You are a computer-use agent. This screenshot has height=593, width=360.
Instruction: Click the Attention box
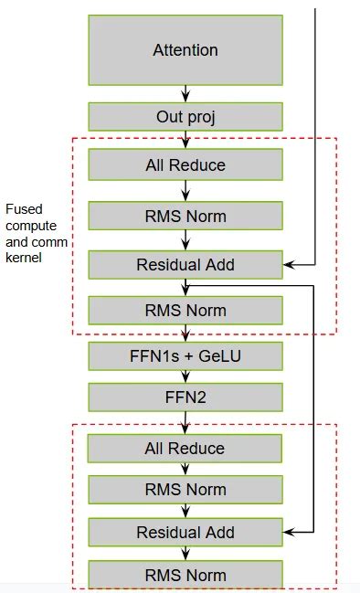click(x=185, y=49)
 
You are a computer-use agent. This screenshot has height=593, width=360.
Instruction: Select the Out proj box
click(x=185, y=116)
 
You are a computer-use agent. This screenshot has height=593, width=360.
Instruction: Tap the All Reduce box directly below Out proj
click(x=185, y=165)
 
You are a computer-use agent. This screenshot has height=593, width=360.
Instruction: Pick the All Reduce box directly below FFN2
click(x=185, y=449)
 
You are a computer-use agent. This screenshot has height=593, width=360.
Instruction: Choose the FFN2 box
click(x=185, y=396)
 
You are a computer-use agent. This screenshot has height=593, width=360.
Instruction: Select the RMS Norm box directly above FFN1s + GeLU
click(x=185, y=310)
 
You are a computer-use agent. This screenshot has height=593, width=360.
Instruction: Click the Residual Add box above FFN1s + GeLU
click(x=185, y=265)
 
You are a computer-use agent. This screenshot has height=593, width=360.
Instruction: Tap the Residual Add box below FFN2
click(x=185, y=532)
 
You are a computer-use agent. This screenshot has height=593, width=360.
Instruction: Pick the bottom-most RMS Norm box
click(x=185, y=575)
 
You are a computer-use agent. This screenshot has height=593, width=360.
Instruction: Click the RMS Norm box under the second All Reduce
click(x=185, y=490)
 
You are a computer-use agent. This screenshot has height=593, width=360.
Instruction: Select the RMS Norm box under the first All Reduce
click(x=185, y=216)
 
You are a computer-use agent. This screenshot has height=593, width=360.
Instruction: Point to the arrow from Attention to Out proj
click(x=185, y=93)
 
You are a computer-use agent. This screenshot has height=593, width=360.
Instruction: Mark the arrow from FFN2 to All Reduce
click(x=185, y=422)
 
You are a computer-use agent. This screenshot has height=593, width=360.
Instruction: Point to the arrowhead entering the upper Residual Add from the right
click(x=289, y=265)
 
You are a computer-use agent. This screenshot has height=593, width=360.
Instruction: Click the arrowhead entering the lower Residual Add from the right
click(x=289, y=532)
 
